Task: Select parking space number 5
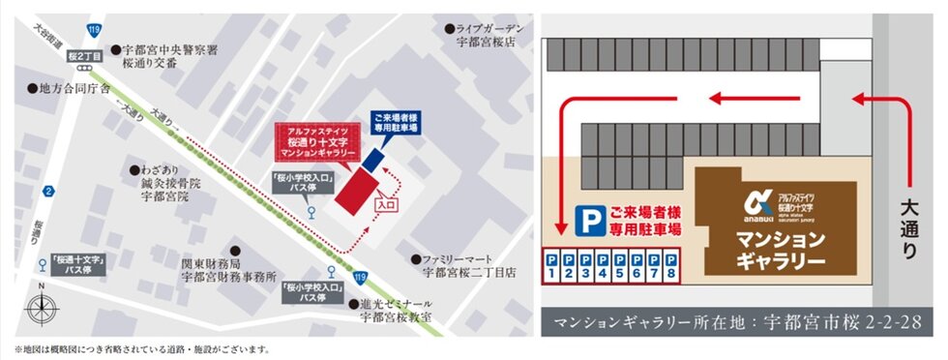click(x=619, y=267)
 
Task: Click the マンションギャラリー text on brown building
click(x=780, y=250)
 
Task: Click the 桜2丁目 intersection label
click(x=86, y=57)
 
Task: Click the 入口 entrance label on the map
click(x=386, y=206)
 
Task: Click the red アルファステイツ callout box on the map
click(x=317, y=142)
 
